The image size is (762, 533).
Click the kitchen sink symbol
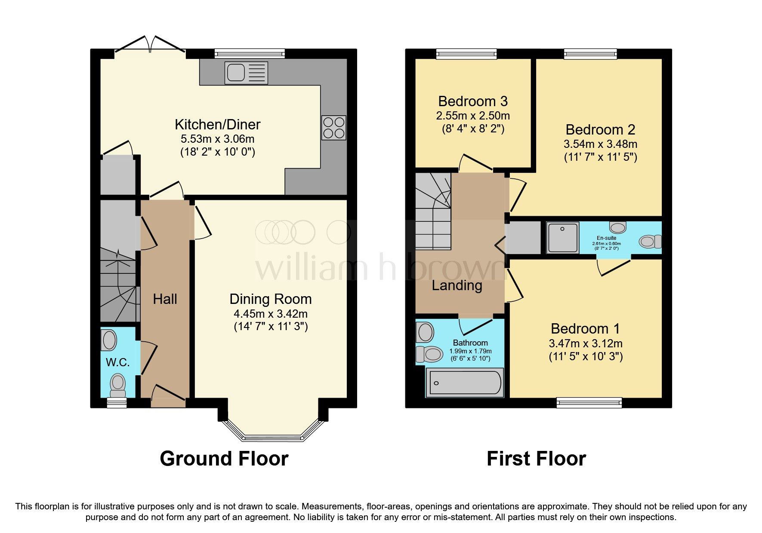point(246,73)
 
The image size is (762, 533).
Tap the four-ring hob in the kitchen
point(333,128)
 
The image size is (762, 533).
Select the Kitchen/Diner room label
point(217,125)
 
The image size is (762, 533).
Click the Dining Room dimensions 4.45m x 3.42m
point(270,313)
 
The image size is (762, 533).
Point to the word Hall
point(165,299)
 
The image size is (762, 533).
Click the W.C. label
point(117,362)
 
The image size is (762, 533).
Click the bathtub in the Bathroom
point(465,383)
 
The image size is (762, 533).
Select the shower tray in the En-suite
point(562,237)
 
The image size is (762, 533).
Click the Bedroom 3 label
point(473,101)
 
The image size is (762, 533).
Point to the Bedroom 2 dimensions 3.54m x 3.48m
point(600,144)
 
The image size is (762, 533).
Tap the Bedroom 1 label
point(585,329)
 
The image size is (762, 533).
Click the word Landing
point(457,285)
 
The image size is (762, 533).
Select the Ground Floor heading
point(224,459)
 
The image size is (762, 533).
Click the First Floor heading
point(536,459)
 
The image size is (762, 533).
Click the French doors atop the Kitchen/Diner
point(150,45)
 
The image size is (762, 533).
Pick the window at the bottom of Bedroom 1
point(589,402)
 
